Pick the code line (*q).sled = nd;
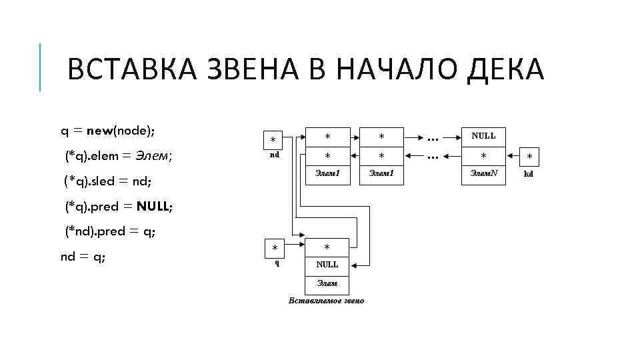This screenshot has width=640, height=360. coord(109,181)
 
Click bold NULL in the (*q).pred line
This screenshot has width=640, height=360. coord(154,207)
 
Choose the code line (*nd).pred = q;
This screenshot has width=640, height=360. coord(111,232)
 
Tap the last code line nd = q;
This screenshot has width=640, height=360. coord(83,257)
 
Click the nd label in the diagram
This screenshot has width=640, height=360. coord(274,155)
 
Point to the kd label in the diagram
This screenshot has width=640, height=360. coord(529,173)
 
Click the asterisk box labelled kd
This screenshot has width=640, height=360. coord(529,157)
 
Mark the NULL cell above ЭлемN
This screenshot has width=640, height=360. coord(483,136)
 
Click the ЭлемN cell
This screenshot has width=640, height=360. coord(483,173)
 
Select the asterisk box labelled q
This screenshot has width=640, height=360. coord(275,247)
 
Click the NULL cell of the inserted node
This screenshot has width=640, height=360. coord(327,265)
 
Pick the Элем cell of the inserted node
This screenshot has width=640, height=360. coord(327,283)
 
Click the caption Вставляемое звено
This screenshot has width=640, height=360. coord(326,301)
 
